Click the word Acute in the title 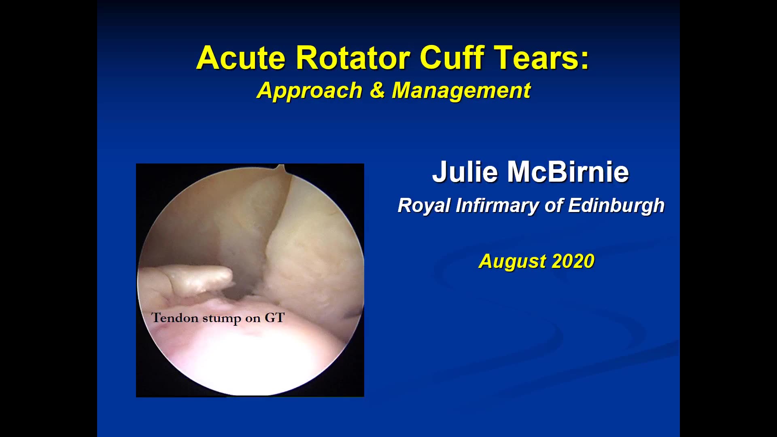pos(241,57)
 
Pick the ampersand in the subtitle pos(377,90)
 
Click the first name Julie pos(465,172)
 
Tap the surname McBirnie pos(568,172)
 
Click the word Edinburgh pos(616,205)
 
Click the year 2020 pos(573,261)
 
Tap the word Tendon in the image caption pos(175,318)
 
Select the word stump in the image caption pos(222,319)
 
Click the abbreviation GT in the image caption pos(275,318)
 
